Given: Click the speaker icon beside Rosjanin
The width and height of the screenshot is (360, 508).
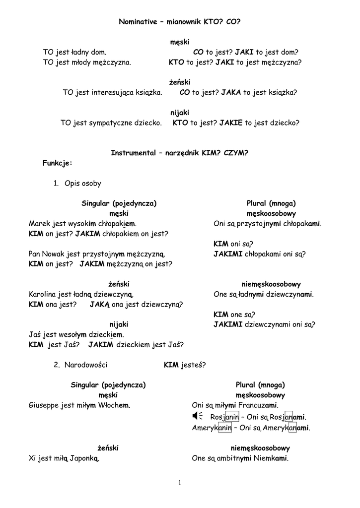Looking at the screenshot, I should [197, 416].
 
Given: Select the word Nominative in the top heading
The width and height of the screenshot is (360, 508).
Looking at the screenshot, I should [138, 22].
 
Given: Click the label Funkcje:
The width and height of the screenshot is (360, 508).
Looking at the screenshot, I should [58, 163].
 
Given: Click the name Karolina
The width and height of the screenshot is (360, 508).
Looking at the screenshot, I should [42, 294].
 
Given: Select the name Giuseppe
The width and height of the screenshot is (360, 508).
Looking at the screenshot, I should [44, 405].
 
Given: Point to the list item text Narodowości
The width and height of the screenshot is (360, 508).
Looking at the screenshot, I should [86, 365].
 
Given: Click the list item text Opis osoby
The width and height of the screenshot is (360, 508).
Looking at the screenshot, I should [83, 184].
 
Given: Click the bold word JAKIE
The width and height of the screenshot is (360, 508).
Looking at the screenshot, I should [231, 123].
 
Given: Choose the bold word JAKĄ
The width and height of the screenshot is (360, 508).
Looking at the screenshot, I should [99, 305].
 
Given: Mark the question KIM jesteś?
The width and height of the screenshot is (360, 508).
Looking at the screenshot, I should [185, 365].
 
